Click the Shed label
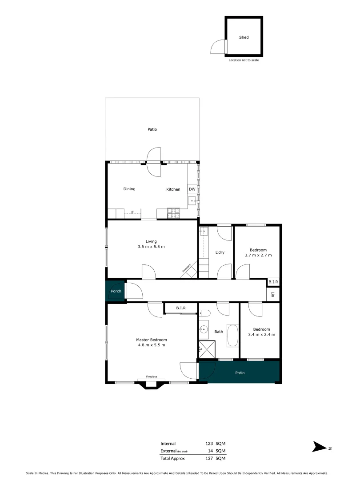(244, 38)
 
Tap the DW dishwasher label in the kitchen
(192, 189)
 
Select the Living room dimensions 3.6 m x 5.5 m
(151, 247)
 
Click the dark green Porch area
(116, 291)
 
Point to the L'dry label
(220, 252)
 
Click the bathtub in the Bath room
(232, 336)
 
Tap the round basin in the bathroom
(204, 329)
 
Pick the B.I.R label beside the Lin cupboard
(273, 282)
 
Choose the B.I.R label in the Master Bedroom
(180, 308)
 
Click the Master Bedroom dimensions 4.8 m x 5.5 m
(151, 345)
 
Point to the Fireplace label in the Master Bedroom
(151, 376)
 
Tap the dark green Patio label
(240, 373)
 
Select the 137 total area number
(209, 458)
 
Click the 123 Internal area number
(209, 444)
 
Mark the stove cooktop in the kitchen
(173, 213)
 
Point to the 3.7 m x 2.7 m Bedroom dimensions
(258, 256)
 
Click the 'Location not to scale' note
(244, 60)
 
